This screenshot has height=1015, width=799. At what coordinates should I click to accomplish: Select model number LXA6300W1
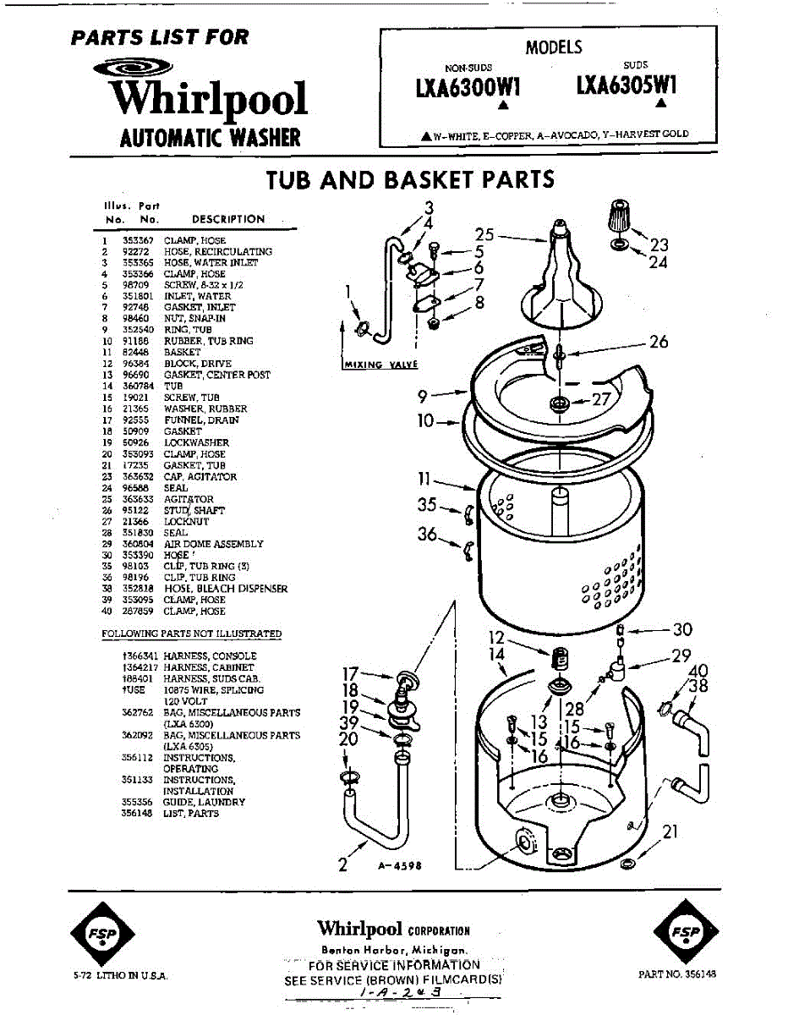tap(467, 87)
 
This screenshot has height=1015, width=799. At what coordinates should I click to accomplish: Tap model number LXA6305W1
tap(627, 86)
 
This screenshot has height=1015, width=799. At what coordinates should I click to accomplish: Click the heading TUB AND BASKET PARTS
tap(410, 180)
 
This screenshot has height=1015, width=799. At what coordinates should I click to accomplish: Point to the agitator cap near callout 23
tap(621, 219)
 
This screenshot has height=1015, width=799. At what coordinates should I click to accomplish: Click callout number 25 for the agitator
tap(484, 234)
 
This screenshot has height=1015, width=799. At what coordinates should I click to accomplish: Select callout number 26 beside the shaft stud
tap(659, 342)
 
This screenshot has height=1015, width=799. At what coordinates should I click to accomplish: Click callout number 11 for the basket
tap(425, 480)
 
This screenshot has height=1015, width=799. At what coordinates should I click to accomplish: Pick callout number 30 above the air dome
tap(682, 629)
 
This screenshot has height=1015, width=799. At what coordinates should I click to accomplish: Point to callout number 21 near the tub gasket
tap(670, 832)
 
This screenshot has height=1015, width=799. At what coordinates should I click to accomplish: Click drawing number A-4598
tap(399, 866)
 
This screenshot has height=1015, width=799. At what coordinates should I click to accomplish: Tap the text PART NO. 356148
tap(677, 974)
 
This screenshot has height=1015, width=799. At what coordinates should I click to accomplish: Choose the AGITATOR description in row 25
tap(189, 499)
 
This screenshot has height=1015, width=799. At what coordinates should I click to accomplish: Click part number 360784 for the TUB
tap(136, 386)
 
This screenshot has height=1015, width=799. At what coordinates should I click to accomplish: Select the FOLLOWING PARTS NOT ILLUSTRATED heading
tap(192, 634)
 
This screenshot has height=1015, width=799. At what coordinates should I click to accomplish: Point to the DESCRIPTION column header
tap(228, 219)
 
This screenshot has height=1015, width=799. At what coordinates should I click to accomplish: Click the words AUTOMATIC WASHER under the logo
tap(210, 137)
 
